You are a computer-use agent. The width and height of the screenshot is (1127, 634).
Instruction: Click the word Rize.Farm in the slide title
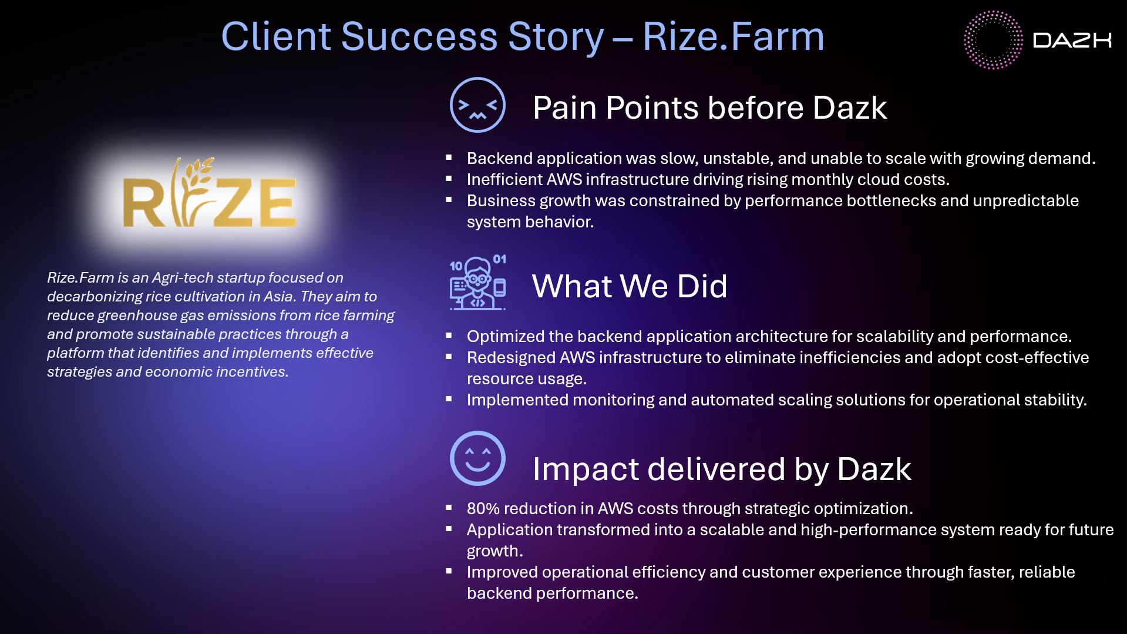(733, 36)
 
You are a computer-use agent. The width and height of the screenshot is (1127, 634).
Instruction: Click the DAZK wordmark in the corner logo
(1072, 40)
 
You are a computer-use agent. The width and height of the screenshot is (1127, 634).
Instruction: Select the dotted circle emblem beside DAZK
(993, 40)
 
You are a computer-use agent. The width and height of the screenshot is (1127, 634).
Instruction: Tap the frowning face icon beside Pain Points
(477, 105)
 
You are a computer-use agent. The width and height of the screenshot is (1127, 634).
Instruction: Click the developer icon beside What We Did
(477, 284)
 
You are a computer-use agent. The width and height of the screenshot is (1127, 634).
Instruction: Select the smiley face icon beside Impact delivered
(477, 458)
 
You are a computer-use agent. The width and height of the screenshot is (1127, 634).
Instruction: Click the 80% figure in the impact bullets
(482, 508)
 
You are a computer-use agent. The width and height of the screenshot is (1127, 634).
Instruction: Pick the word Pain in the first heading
(564, 108)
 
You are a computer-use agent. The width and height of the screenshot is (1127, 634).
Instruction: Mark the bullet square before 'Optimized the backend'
(449, 336)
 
